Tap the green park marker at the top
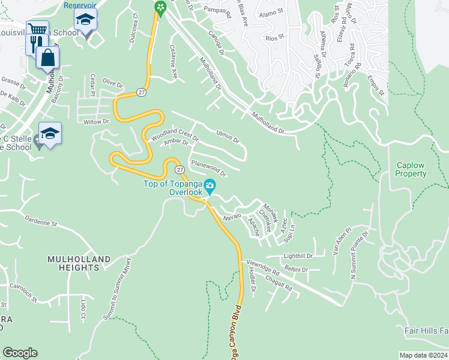[160, 8]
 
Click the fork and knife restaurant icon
[38, 43]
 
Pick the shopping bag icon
[47, 58]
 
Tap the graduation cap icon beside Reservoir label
[85, 20]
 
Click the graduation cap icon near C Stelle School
[50, 133]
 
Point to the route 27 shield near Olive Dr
[140, 92]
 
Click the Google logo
[20, 353]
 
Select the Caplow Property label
[411, 169]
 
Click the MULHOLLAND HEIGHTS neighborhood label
[79, 263]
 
